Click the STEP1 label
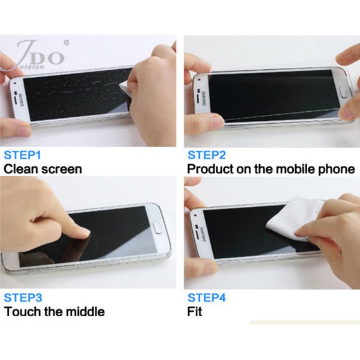(x=22, y=155)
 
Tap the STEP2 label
(x=207, y=155)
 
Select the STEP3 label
(x=23, y=297)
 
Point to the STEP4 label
(x=207, y=297)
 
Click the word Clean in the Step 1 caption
(x=20, y=169)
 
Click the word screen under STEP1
(x=61, y=169)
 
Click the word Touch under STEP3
(x=22, y=311)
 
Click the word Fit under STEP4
(x=195, y=311)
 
